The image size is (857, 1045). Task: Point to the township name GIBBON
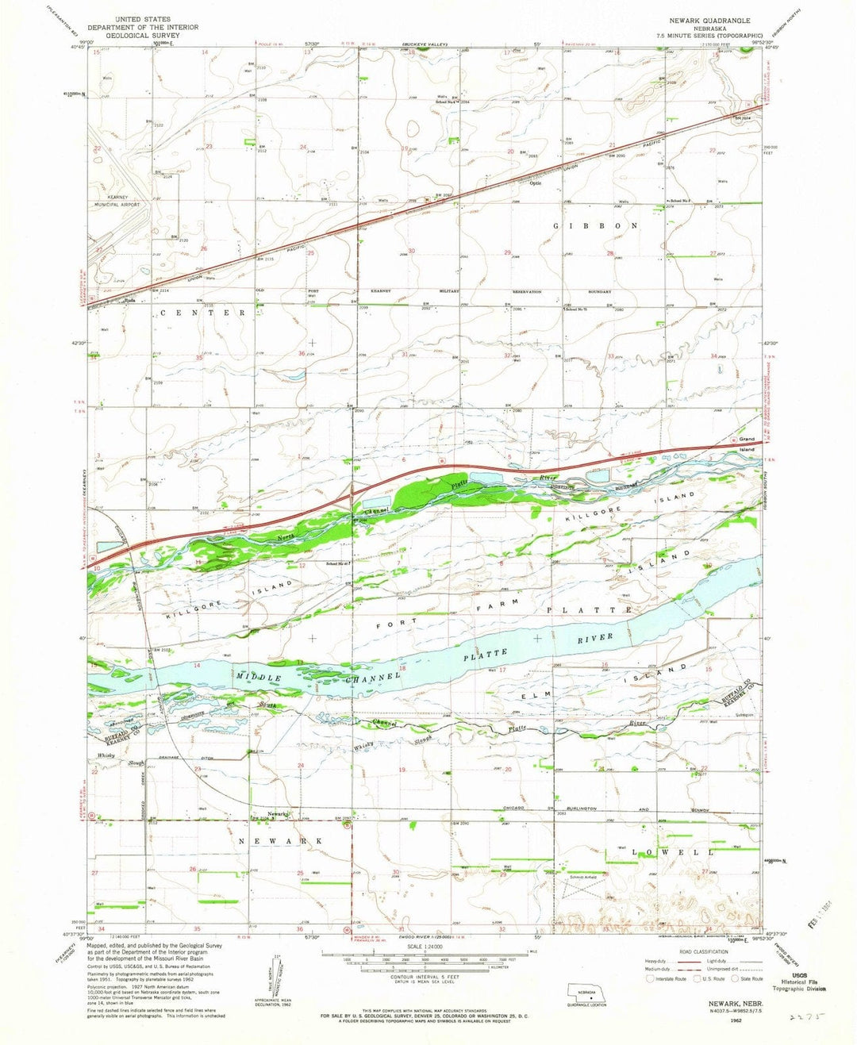[595, 226]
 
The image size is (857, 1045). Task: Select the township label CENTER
[203, 313]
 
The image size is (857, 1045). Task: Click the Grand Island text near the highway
[747, 444]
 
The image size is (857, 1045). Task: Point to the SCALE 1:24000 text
[427, 947]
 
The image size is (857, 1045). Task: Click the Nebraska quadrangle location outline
[587, 993]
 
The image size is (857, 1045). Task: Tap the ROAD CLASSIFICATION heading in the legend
[703, 951]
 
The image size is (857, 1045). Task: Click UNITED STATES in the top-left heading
[143, 19]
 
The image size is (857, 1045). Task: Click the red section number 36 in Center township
[302, 353]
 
